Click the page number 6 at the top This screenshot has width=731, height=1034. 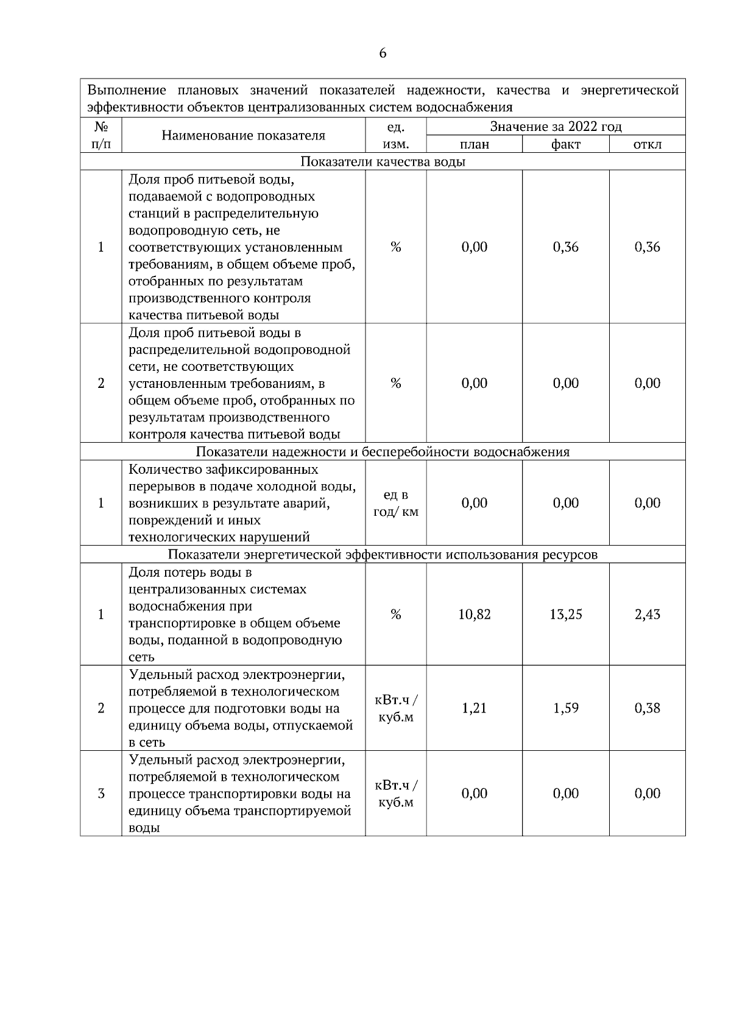(x=383, y=54)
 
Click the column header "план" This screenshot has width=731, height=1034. (x=474, y=144)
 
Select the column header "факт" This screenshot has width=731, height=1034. (x=565, y=144)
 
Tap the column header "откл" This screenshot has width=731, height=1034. (x=647, y=144)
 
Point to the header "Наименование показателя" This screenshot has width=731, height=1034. (x=243, y=135)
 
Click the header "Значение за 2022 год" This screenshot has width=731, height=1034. (x=556, y=127)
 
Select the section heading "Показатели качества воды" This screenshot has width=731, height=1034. (x=383, y=162)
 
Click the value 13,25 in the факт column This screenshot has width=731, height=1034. (x=565, y=614)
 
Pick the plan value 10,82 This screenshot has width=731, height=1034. (x=474, y=614)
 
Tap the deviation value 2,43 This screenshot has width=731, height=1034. (x=647, y=614)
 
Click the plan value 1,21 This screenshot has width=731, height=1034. (x=474, y=708)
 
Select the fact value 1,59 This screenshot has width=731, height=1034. (x=565, y=708)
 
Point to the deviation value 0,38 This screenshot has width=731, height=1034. (x=647, y=708)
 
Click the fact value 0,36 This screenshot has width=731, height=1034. (x=565, y=247)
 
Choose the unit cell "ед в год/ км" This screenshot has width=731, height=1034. (x=395, y=503)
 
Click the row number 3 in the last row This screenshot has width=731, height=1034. (x=101, y=793)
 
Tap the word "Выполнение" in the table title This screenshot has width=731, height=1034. (x=126, y=91)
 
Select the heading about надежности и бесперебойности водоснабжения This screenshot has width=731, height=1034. (x=383, y=452)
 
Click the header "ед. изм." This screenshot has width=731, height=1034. (x=395, y=135)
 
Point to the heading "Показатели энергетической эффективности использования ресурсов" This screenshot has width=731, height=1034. (x=383, y=555)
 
